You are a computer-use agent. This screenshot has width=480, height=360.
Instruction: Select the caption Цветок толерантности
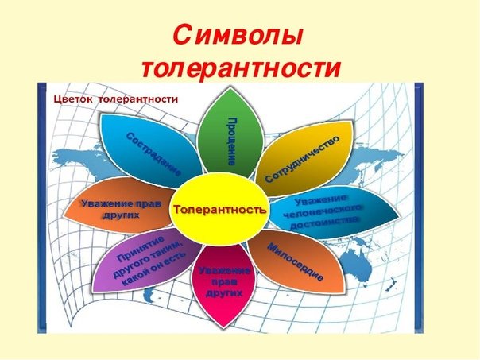(x=116, y=99)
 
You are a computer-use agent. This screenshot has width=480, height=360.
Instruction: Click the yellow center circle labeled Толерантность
(x=219, y=210)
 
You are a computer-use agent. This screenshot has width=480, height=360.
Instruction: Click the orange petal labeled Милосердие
(x=296, y=261)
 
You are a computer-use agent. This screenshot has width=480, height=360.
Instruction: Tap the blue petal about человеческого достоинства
(x=334, y=211)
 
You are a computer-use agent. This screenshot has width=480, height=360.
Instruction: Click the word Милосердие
(x=296, y=262)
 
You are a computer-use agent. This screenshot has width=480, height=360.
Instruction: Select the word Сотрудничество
(x=303, y=159)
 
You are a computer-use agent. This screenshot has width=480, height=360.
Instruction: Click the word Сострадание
(x=153, y=154)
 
